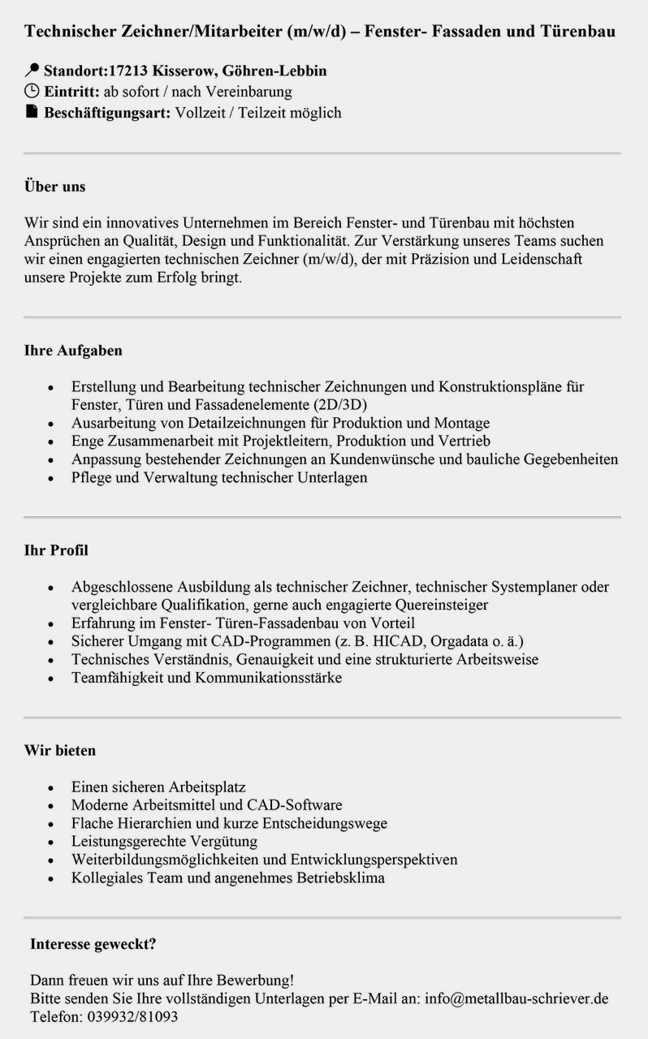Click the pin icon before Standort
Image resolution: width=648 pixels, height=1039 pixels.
[32, 71]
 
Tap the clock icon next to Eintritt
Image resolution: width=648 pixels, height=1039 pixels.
[32, 92]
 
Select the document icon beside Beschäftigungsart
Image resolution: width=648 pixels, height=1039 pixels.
[32, 112]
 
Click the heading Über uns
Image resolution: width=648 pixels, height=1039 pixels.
[54, 187]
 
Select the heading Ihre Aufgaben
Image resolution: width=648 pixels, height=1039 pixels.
[73, 351]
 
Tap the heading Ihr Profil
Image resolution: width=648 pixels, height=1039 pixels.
[56, 550]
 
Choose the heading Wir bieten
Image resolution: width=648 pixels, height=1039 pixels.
[60, 751]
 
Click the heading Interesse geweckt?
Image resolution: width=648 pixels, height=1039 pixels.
[93, 944]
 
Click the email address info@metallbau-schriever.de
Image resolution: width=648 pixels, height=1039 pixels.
[516, 998]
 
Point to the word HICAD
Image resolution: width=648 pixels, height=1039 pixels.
[396, 641]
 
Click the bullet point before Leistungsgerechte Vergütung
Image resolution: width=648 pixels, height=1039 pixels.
[53, 842]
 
